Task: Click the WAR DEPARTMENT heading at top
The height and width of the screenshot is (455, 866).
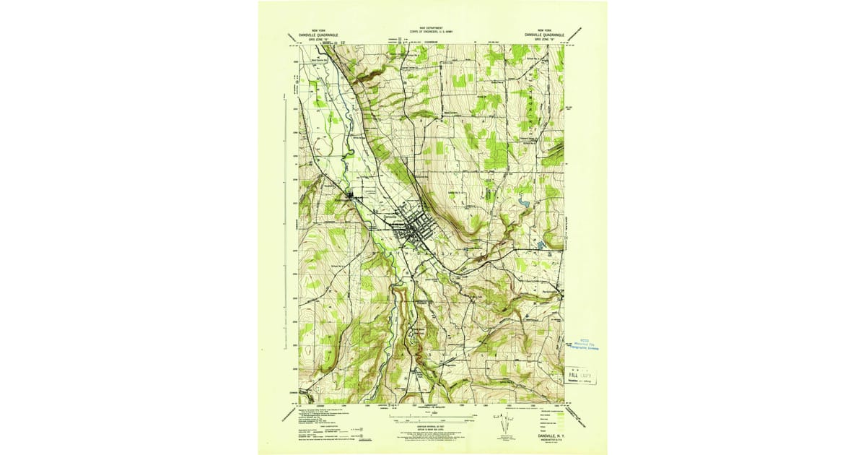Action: [433, 26]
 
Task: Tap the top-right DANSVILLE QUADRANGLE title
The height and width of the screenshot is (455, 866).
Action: [548, 34]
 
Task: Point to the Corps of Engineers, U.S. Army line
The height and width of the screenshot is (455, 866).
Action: [433, 32]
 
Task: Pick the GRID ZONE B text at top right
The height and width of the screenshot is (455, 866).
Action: [548, 39]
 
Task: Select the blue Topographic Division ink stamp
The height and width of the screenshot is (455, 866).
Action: [585, 344]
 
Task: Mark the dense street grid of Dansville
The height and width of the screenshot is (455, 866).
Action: [411, 230]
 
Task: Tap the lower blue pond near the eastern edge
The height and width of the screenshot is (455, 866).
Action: [541, 246]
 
